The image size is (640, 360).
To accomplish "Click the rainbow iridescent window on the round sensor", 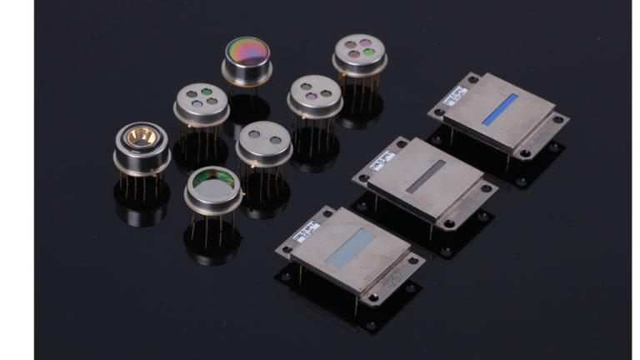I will (246, 50).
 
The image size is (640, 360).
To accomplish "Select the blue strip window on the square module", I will (499, 109).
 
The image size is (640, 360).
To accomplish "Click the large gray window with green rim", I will (213, 184).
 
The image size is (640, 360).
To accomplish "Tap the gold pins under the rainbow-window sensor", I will (246, 90).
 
